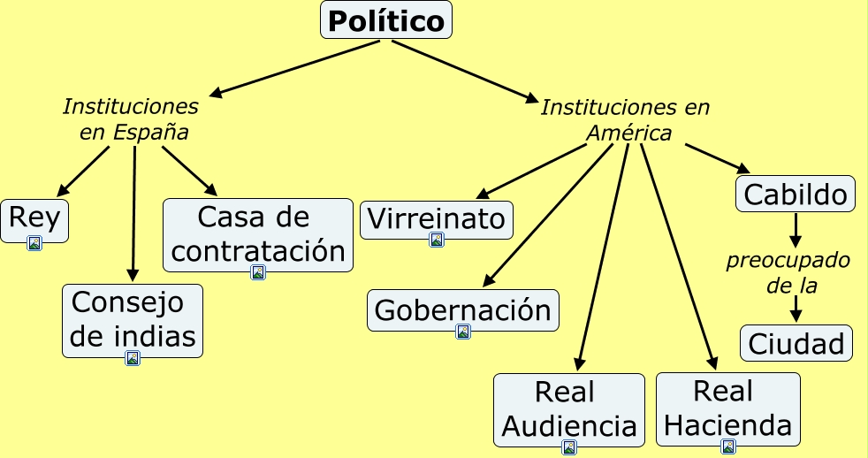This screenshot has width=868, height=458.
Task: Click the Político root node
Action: click(385, 20)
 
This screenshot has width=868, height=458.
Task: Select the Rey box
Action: click(34, 218)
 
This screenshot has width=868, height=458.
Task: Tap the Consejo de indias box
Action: click(133, 319)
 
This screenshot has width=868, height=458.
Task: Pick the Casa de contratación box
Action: click(258, 234)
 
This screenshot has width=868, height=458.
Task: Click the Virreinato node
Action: click(436, 219)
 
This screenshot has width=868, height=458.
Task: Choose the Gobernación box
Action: click(462, 310)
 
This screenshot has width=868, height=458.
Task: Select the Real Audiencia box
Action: click(568, 409)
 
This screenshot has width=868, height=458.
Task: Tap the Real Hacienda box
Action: click(727, 408)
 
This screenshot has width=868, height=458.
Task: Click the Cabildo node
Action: click(796, 194)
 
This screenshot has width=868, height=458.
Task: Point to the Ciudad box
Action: click(796, 343)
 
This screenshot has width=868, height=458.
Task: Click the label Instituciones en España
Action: click(132, 119)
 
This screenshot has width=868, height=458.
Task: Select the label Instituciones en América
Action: click(626, 120)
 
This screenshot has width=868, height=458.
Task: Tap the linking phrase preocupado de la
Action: click(788, 273)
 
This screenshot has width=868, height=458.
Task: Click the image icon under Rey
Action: click(34, 243)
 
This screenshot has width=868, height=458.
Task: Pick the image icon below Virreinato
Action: click(437, 240)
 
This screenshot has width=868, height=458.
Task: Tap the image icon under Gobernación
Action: click(463, 332)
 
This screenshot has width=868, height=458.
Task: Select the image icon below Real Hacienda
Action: click(728, 447)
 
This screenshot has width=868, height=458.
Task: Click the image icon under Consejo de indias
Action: click(133, 358)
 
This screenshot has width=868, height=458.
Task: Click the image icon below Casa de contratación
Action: click(258, 272)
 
